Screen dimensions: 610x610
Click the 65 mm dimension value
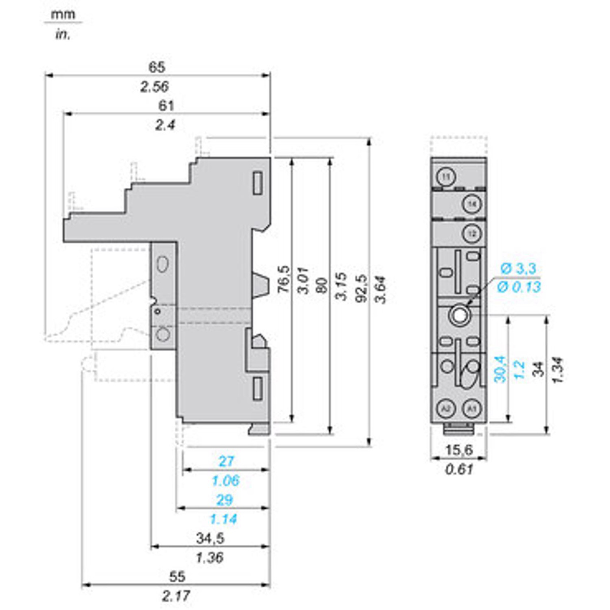click(x=157, y=67)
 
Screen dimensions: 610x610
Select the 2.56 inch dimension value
click(x=155, y=87)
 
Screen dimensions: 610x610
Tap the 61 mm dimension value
click(x=166, y=106)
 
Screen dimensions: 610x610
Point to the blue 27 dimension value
click(x=226, y=461)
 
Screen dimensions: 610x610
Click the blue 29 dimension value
click(x=225, y=500)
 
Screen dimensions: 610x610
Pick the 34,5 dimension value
click(x=210, y=538)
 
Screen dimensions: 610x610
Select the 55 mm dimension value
click(x=177, y=576)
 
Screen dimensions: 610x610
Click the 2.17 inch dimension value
click(x=176, y=596)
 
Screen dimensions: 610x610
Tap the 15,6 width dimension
click(x=459, y=450)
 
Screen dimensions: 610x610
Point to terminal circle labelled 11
click(x=446, y=177)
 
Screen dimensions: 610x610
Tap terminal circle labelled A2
click(x=446, y=408)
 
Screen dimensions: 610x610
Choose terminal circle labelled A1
click(x=472, y=408)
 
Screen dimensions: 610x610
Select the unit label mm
click(x=63, y=14)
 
